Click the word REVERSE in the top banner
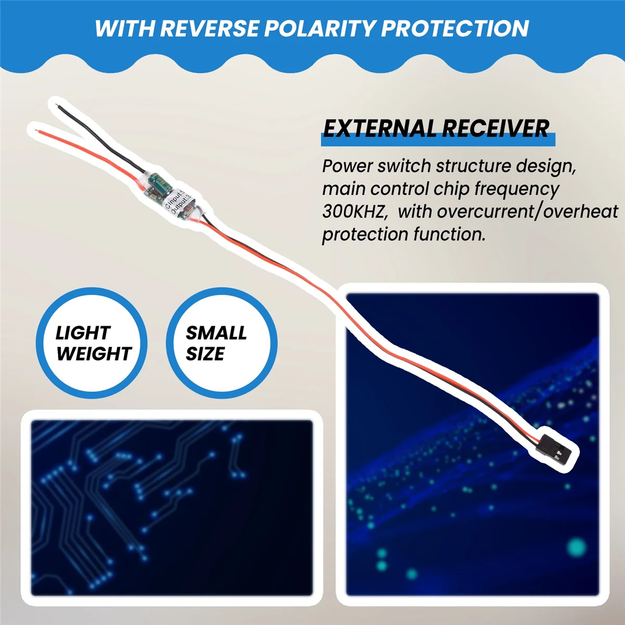click(x=208, y=29)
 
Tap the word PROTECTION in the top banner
click(x=455, y=29)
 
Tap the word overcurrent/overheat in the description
click(x=528, y=211)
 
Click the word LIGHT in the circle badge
click(x=83, y=333)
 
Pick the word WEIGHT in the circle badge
click(x=94, y=354)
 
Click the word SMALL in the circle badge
click(x=216, y=333)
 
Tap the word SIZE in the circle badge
click(x=205, y=354)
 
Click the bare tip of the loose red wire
click(x=36, y=127)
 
